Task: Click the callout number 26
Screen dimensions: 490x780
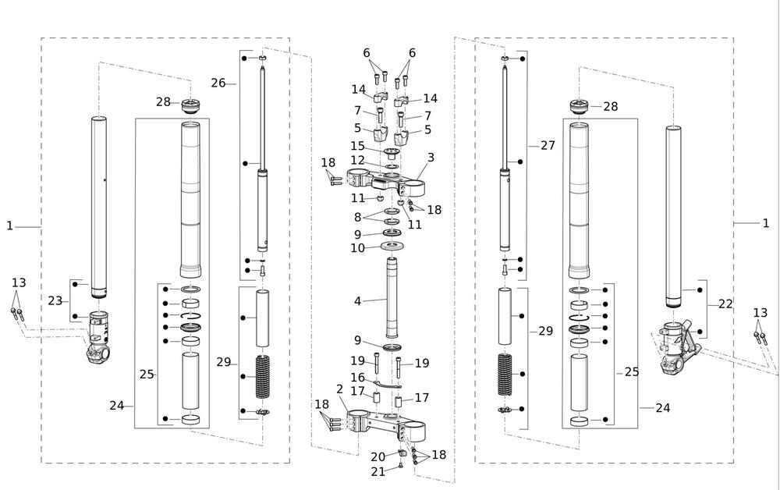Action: point(218,83)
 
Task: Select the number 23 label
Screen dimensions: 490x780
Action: point(55,300)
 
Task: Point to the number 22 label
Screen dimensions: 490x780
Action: point(725,304)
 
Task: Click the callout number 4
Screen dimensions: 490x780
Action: point(358,300)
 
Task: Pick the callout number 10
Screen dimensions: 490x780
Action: point(357,248)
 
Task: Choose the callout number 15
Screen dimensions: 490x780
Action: point(357,146)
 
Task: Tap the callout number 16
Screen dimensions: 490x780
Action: point(357,378)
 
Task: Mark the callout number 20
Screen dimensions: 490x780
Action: point(378,456)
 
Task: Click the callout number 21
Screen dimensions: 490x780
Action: point(378,471)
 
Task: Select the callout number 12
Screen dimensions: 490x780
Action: point(357,161)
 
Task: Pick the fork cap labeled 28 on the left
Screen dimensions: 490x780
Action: point(191,105)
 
